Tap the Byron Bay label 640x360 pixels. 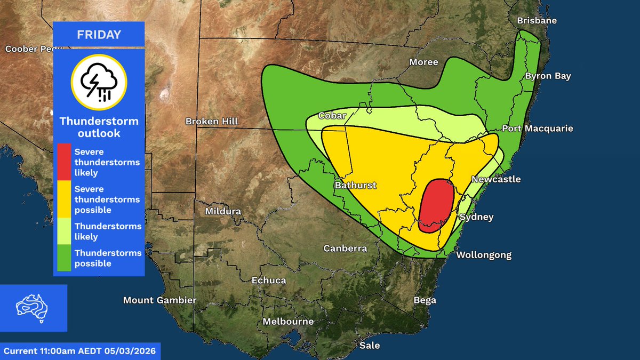coord(548,76)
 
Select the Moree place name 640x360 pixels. coord(423,62)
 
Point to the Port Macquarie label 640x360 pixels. coord(537,129)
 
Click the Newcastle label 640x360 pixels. coord(496,179)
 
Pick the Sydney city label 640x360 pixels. coord(476,217)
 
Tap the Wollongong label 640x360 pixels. coord(483,255)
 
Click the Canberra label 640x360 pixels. coord(345,249)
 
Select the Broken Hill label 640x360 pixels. coord(212,122)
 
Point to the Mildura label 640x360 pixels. coord(223,211)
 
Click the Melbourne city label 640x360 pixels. coord(288,322)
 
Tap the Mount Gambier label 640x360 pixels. coord(160,300)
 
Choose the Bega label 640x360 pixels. coord(425,300)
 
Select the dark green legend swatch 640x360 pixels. coord(63,258)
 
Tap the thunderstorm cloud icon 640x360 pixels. coord(99,82)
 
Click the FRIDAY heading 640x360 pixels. coord(99,35)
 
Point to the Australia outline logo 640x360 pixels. coord(33,308)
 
